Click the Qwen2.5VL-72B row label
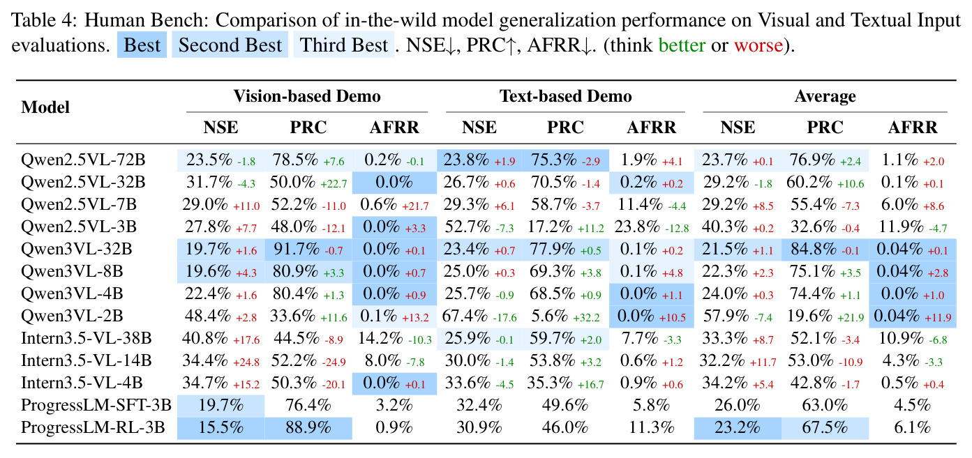coord(83,160)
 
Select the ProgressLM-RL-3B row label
coord(93,427)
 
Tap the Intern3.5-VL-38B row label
coord(86,338)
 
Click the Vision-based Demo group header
coord(307,96)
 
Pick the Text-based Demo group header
coord(565,96)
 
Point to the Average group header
coord(825,96)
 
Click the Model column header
coord(45,107)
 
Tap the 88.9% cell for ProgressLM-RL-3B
coord(308,427)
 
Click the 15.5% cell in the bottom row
coord(221,427)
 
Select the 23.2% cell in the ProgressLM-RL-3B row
coord(738,427)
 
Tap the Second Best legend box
coord(230,45)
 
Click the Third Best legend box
coord(344,45)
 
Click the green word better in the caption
coord(682,45)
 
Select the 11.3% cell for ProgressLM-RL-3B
coord(651,427)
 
